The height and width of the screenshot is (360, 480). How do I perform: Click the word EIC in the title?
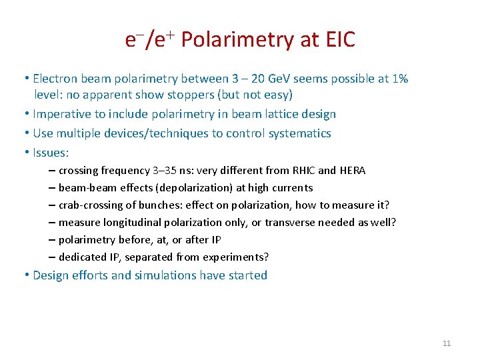340,40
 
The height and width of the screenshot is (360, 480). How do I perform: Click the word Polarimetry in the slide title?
237,40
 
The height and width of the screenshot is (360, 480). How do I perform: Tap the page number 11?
447,343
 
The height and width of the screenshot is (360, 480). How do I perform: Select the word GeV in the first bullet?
251,79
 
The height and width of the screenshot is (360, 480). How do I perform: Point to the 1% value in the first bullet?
401,79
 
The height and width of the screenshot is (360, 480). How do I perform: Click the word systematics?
299,133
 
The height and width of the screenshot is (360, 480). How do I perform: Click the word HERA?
352,170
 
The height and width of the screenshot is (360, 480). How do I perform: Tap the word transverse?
290,222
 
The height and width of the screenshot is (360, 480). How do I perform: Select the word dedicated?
82,257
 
